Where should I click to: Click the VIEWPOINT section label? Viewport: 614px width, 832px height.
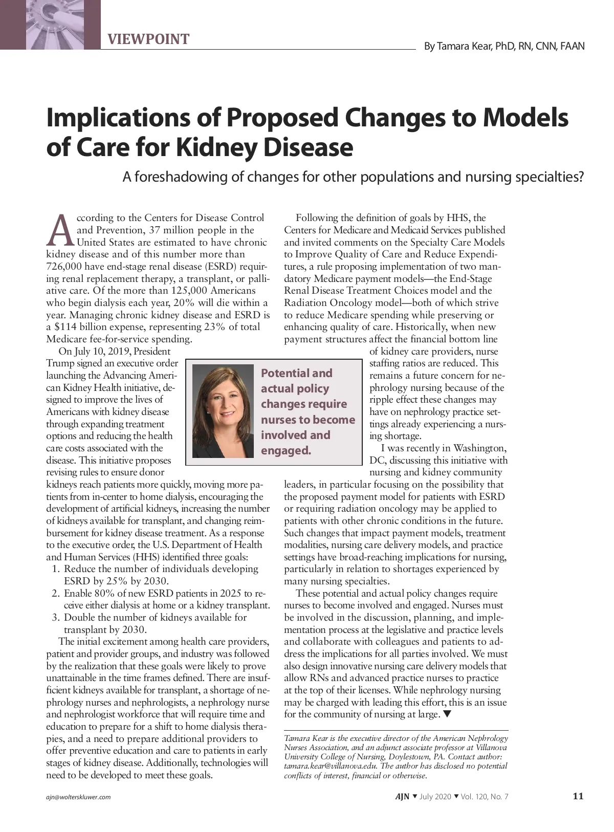coord(148,39)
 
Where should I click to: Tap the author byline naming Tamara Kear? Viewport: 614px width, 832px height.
coord(504,47)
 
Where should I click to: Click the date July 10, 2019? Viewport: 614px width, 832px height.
coord(102,352)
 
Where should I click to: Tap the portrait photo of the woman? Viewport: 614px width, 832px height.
coord(223,411)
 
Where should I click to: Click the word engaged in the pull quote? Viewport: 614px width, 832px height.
coord(286,451)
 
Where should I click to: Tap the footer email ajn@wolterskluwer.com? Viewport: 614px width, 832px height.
coord(78,797)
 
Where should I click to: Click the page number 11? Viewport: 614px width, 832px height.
coord(578,796)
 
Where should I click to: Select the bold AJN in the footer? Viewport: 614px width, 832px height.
coord(402,797)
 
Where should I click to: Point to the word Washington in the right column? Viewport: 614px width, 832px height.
coord(479,448)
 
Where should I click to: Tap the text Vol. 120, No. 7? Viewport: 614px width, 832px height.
coord(485,797)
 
